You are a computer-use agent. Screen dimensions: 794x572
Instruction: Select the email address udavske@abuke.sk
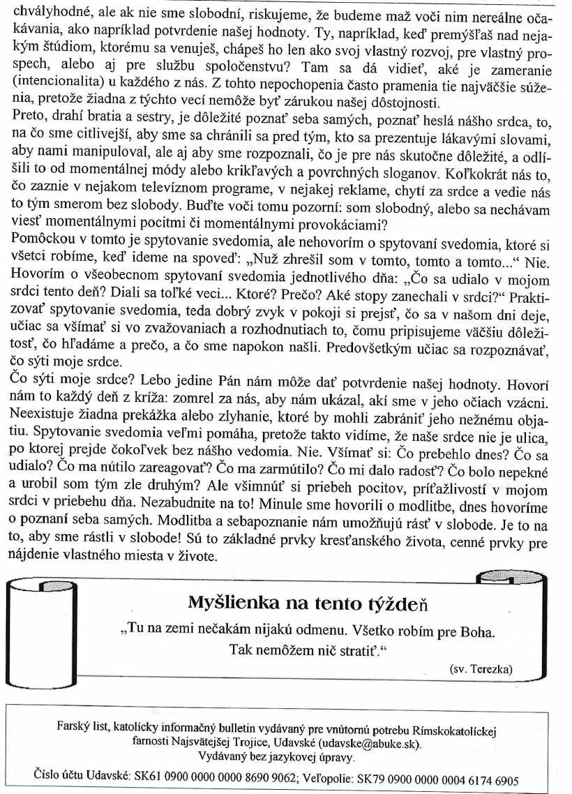370,743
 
